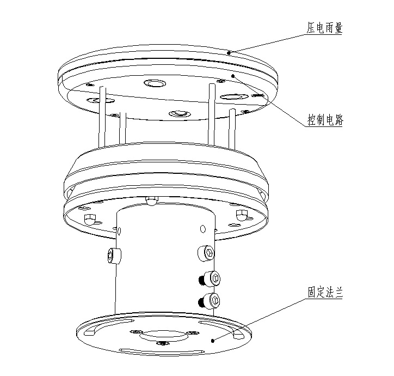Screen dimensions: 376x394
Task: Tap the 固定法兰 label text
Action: coord(325,293)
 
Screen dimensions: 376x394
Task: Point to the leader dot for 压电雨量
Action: coord(230,53)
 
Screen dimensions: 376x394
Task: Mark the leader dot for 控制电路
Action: coord(233,76)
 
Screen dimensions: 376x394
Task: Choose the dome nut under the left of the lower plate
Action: coord(89,219)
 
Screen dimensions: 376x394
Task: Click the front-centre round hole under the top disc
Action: coord(179,113)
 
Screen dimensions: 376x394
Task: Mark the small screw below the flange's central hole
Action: coord(162,343)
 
